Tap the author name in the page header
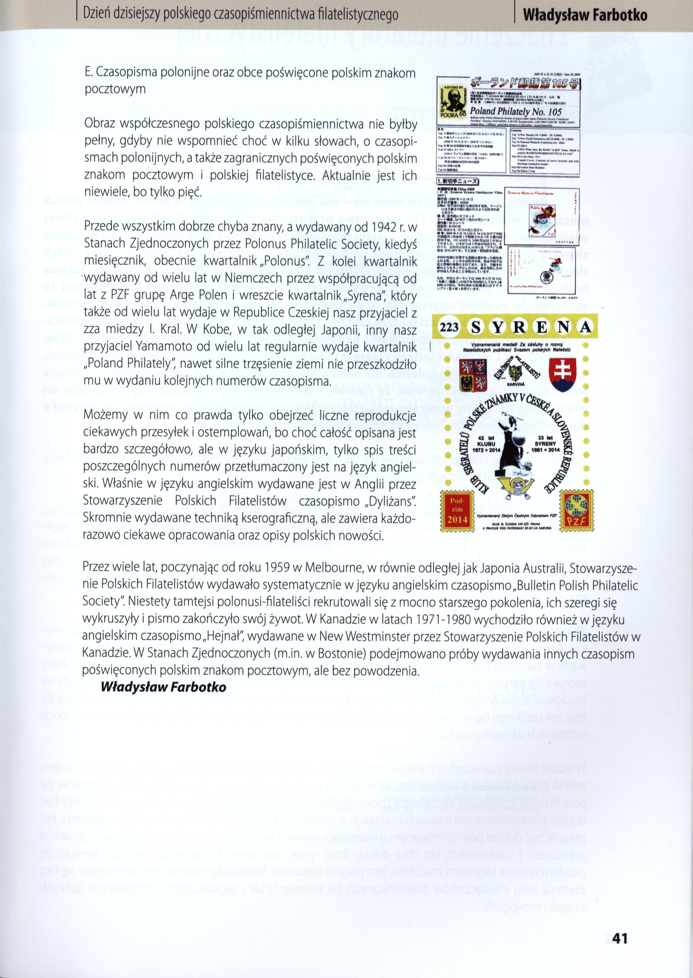[585, 16]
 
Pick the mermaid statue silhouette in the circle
[513, 448]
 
